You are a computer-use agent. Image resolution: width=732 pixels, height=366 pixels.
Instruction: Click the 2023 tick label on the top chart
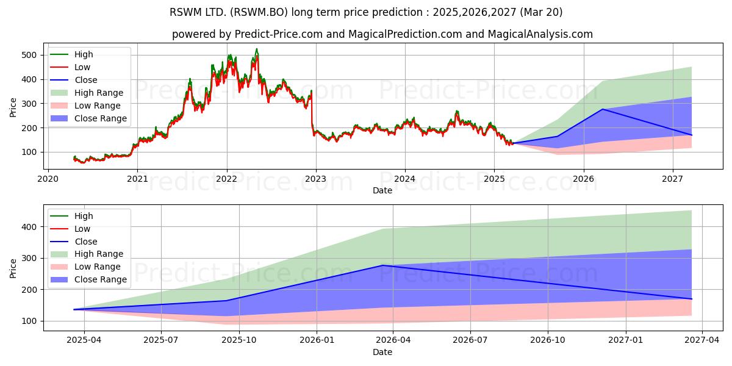point(316,179)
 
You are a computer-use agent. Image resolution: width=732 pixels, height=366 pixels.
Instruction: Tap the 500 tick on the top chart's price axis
point(29,55)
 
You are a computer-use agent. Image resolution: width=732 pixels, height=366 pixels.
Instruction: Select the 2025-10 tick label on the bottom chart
point(239,340)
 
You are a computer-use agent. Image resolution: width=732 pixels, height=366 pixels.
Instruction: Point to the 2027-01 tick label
point(626,340)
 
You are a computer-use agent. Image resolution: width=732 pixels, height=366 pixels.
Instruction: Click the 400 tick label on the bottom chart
point(29,227)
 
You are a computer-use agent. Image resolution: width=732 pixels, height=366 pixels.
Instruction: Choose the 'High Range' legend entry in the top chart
point(87,93)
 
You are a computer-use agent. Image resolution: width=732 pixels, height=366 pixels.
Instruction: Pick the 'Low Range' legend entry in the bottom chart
point(85,267)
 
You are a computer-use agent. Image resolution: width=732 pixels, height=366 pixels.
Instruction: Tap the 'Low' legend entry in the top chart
point(70,67)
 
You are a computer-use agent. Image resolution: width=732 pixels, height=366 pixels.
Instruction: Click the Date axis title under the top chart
point(382,190)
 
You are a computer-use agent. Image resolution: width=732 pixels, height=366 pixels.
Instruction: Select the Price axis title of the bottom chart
point(13,268)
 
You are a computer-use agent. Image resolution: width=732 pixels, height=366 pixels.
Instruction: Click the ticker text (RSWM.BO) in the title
point(259,12)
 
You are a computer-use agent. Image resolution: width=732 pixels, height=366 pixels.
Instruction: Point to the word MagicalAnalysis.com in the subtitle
point(540,34)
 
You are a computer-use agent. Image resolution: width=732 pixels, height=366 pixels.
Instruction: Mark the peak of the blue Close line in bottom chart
point(383,265)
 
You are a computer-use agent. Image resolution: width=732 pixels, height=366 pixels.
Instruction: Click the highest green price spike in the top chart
point(257,49)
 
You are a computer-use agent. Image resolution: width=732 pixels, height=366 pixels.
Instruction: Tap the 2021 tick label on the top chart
point(137,179)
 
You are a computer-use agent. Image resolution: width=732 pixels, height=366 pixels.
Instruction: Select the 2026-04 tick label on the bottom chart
point(393,340)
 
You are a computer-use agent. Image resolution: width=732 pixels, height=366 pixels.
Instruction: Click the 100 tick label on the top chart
point(29,152)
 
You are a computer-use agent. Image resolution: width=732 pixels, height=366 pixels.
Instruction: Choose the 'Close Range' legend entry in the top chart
point(88,118)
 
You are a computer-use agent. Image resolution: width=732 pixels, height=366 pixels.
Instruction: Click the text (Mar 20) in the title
point(541,12)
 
